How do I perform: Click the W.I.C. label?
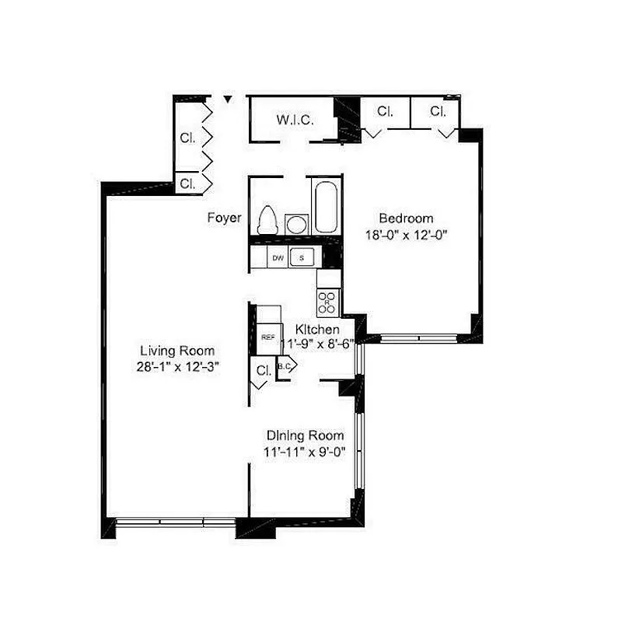295,121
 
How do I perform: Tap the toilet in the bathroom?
267,219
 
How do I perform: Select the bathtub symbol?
326,205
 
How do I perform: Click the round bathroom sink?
295,224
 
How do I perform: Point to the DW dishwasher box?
278,257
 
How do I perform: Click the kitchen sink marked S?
302,257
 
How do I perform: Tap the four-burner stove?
327,301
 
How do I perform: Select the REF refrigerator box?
267,337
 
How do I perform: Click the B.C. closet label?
284,366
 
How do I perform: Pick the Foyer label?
224,218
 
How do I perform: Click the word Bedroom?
406,218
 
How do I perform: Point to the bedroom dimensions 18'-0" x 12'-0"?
406,234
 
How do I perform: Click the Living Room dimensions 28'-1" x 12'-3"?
177,366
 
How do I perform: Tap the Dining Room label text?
305,435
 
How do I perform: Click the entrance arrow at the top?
227,100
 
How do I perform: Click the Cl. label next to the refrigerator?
263,370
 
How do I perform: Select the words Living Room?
177,351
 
